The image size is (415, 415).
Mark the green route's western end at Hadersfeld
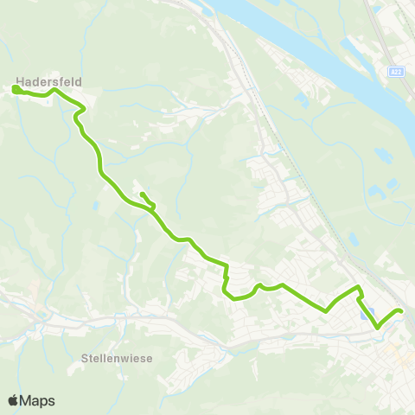tap(16, 87)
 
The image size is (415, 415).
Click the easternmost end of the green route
tap(400, 311)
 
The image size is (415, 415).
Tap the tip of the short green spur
tap(141, 194)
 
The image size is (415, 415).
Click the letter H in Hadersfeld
tap(19, 73)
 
